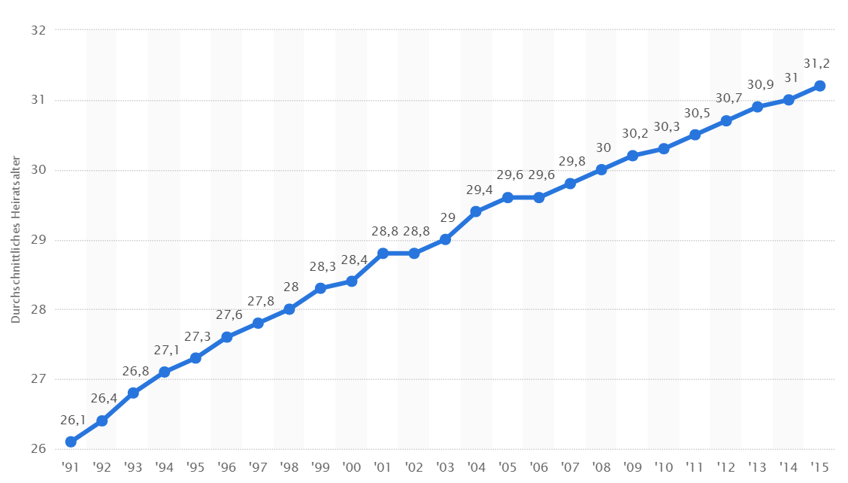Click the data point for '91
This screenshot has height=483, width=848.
[x=71, y=442]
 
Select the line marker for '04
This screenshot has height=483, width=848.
[x=476, y=211]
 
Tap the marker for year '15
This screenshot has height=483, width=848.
[x=819, y=86]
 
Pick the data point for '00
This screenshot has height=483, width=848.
[x=351, y=281]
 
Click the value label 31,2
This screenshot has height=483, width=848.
[x=816, y=63]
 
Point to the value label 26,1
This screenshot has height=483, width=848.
[x=73, y=419]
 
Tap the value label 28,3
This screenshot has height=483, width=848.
[x=323, y=266]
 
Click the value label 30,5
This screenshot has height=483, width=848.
[x=697, y=112]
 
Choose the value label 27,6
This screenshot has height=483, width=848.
[x=229, y=314]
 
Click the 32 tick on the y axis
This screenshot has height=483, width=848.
[x=39, y=30]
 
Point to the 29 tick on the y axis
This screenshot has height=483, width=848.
[x=39, y=240]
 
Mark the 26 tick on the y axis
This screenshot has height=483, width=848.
[x=39, y=449]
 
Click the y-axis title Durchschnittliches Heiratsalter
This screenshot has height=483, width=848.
[x=15, y=240]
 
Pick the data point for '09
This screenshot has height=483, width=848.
[x=632, y=156]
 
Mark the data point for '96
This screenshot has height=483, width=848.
[x=226, y=337]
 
